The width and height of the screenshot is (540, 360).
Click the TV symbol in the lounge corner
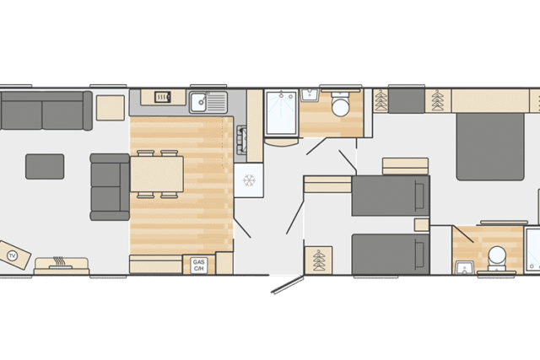pyautogui.click(x=13, y=255)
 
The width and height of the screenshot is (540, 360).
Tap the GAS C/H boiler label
pyautogui.click(x=199, y=266)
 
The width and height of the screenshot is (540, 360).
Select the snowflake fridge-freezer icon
pyautogui.click(x=249, y=180)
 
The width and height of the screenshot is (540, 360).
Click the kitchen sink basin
pyautogui.click(x=199, y=102)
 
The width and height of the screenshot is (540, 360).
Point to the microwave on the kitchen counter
pyautogui.click(x=163, y=97)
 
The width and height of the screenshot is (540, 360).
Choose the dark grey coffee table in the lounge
pyautogui.click(x=45, y=167)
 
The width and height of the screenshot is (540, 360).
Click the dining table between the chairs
pyautogui.click(x=157, y=174)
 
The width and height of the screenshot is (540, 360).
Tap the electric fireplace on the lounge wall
pyautogui.click(x=62, y=266)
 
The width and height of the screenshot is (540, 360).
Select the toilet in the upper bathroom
pyautogui.click(x=341, y=105)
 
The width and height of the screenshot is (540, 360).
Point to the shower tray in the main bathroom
pyautogui.click(x=281, y=112)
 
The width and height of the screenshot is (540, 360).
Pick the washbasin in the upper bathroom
pyautogui.click(x=310, y=95)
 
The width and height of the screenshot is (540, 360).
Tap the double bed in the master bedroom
pyautogui.click(x=490, y=147)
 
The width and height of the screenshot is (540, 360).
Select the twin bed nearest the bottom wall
pyautogui.click(x=391, y=255)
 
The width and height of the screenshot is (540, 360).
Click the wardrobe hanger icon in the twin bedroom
pyautogui.click(x=319, y=261)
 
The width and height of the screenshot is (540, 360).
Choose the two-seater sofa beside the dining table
pyautogui.click(x=110, y=187)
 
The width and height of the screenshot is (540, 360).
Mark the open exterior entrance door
pyautogui.click(x=288, y=285)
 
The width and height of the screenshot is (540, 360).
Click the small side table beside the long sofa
pyautogui.click(x=111, y=108)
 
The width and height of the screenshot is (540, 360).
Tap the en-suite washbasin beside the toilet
pyautogui.click(x=465, y=267)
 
